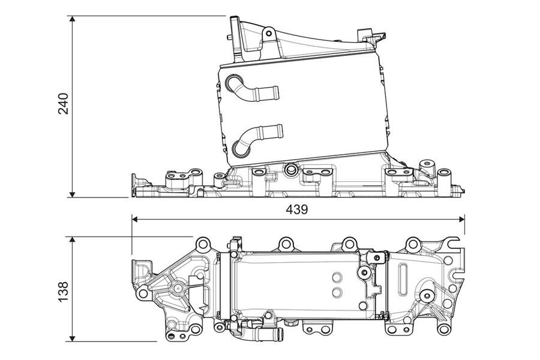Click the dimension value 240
(64, 104)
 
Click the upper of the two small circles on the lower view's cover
(337, 278)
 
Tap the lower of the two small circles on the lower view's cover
(337, 292)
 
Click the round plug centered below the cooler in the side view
(292, 169)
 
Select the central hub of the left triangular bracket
(178, 289)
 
